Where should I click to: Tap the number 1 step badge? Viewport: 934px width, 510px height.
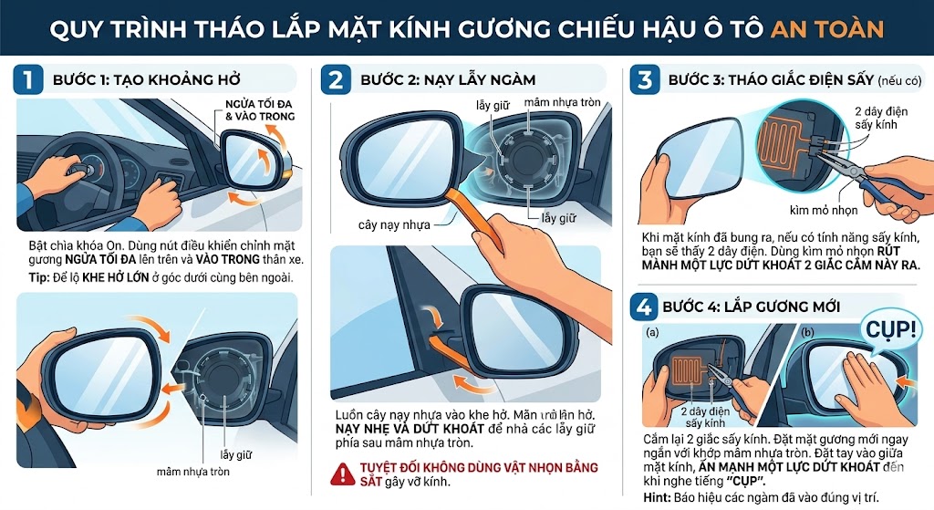27,79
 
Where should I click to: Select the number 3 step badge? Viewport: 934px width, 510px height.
645,79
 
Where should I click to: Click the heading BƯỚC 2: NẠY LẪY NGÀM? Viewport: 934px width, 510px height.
448,80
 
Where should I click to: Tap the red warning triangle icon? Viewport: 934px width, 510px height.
343,473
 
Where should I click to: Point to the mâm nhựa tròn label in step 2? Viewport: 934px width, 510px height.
563,103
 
